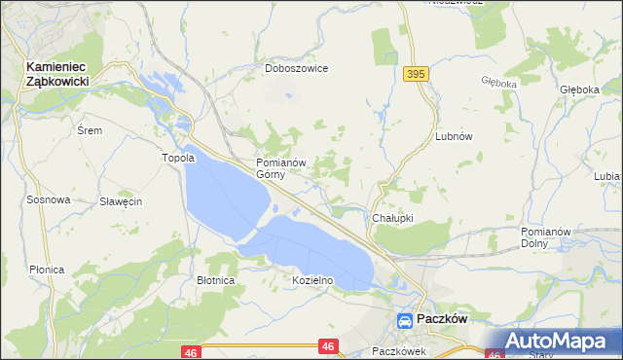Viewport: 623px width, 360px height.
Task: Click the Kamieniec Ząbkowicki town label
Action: coord(57,74)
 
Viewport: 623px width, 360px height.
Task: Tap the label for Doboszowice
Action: coord(296,69)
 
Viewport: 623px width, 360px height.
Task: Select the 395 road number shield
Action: coord(416,74)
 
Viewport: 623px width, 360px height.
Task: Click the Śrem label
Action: coord(89,129)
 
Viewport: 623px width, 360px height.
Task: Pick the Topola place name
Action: coord(178,158)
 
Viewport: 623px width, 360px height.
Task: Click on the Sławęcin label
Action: coord(122,201)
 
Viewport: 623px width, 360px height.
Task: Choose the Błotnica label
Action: coord(215,280)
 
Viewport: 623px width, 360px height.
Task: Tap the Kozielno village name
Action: coord(312,280)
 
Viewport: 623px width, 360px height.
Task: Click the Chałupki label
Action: coord(393,219)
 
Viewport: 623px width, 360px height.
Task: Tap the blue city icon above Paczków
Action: coord(404,320)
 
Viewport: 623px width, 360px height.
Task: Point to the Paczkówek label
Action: coord(399,351)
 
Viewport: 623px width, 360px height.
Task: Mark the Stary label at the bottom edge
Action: coord(540,355)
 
